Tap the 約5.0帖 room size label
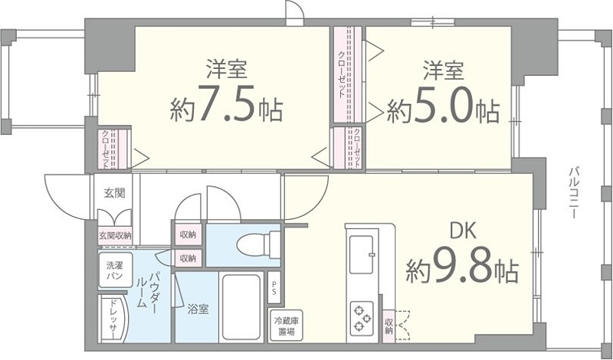point(443,111)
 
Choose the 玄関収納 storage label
point(114,236)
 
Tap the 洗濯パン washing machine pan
point(114,270)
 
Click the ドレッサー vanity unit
point(113,319)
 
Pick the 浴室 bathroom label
point(198,309)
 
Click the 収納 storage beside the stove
point(389,326)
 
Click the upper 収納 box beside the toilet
point(188,234)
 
